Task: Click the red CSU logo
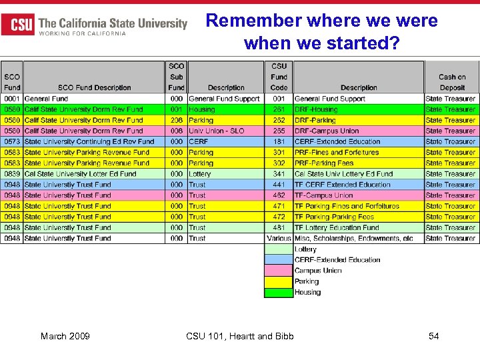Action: [18, 24]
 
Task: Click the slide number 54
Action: [433, 336]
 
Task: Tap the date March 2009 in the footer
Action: [65, 336]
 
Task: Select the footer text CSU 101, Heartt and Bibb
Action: [239, 336]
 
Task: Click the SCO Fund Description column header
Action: [94, 87]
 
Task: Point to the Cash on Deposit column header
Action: [451, 82]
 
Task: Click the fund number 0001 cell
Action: [12, 99]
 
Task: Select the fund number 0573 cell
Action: [12, 141]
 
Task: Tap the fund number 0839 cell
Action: [12, 174]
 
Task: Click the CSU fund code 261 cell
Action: [279, 109]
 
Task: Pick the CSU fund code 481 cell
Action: [279, 227]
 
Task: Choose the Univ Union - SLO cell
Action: [217, 131]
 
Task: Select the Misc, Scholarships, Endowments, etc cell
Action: [353, 238]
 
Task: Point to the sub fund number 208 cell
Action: [176, 120]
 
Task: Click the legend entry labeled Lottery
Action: [306, 249]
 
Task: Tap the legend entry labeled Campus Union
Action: [318, 271]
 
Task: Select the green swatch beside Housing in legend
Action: [279, 292]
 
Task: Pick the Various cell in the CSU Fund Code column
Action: [279, 238]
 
